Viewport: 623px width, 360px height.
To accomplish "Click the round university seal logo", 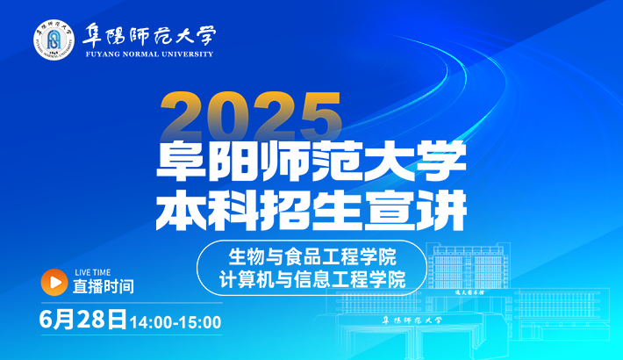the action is click(x=54, y=40).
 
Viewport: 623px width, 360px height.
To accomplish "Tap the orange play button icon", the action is click(x=54, y=282).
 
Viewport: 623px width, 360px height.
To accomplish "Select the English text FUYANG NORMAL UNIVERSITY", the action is click(x=149, y=54).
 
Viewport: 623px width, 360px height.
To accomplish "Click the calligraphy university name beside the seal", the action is click(x=149, y=35).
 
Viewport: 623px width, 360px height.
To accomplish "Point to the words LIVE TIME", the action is click(x=93, y=272).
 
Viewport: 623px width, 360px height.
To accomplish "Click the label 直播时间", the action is click(x=104, y=286).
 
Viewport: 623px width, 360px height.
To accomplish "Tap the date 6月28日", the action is click(x=83, y=320).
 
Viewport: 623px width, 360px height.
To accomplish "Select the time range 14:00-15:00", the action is click(x=175, y=322).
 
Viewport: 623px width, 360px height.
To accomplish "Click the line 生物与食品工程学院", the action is click(x=312, y=257).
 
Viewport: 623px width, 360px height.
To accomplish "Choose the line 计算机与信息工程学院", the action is click(x=312, y=278).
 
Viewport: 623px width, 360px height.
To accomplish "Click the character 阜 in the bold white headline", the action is click(x=181, y=162).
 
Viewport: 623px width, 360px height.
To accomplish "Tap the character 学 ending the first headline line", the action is click(x=441, y=162).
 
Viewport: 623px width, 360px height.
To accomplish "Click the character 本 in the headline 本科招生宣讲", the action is click(x=181, y=211).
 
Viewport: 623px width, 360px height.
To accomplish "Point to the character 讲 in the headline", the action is click(x=441, y=211).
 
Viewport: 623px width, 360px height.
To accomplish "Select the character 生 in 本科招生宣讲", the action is click(x=337, y=211).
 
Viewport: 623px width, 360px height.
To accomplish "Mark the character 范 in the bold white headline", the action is click(x=337, y=162).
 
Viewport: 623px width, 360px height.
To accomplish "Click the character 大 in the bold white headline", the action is click(x=390, y=162).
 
